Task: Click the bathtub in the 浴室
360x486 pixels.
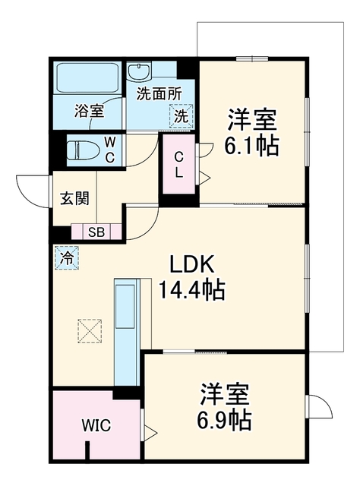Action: (87, 77)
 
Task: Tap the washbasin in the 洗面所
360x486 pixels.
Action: (139, 72)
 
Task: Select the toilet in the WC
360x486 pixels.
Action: (83, 150)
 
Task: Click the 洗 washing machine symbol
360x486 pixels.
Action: (181, 116)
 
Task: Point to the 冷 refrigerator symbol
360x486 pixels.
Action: (67, 257)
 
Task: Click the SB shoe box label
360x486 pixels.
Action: (96, 232)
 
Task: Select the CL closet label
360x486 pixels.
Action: (178, 165)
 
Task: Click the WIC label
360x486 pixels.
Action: (96, 425)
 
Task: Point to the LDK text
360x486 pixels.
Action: (191, 264)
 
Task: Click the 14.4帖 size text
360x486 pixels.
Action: (191, 290)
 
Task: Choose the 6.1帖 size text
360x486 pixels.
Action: (251, 145)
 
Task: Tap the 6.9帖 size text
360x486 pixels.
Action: (224, 420)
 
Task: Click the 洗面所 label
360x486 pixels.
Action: (159, 94)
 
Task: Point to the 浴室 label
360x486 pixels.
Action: (89, 111)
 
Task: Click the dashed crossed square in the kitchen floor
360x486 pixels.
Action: (90, 331)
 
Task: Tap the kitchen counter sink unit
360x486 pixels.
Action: (126, 332)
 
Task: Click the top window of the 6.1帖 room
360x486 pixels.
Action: (252, 58)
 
